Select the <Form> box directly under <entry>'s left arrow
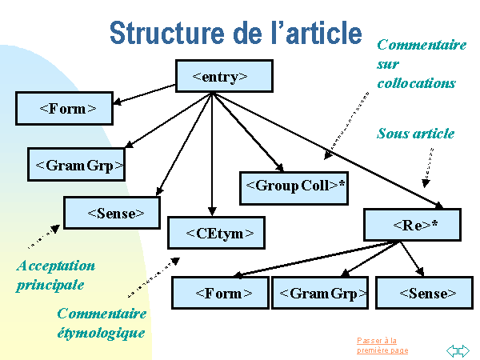(x=64, y=108)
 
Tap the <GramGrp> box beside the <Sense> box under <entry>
(x=78, y=166)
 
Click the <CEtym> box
(x=215, y=234)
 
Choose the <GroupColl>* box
(x=295, y=186)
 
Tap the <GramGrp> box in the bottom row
(x=320, y=294)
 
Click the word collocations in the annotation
(x=416, y=82)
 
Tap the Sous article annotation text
(x=415, y=134)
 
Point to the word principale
(x=50, y=284)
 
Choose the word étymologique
(x=102, y=332)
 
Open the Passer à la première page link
(x=382, y=346)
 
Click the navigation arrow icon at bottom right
(x=457, y=350)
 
